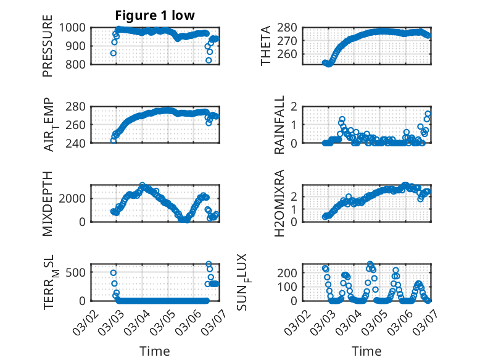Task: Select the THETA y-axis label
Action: pyautogui.click(x=266, y=46)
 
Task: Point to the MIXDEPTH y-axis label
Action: pyautogui.click(x=48, y=203)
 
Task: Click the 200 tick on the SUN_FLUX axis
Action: pyautogui.click(x=292, y=272)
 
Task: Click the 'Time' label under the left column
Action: pyautogui.click(x=155, y=351)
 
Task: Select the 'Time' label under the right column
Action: pyautogui.click(x=366, y=351)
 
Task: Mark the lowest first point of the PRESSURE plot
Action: pyautogui.click(x=114, y=53)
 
